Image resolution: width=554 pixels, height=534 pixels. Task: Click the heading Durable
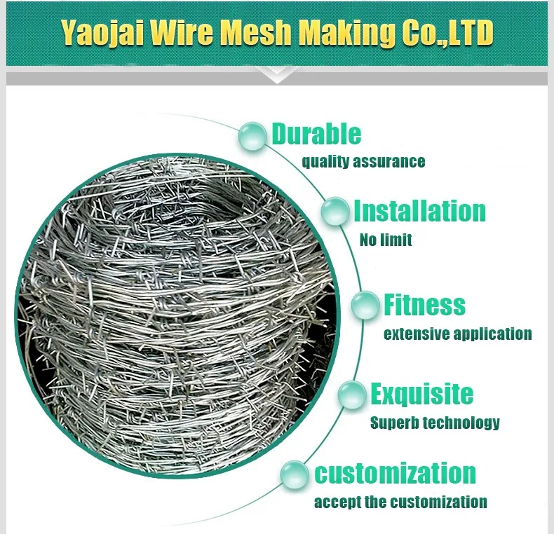coord(316,134)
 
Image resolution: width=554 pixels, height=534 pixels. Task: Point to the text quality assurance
coord(363,162)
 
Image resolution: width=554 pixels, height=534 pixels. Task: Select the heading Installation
coord(419,211)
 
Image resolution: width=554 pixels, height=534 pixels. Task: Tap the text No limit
coord(386,240)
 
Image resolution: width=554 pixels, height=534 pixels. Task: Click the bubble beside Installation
coord(336,211)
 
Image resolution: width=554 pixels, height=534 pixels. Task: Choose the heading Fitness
coord(424,305)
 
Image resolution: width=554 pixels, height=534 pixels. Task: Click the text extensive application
coord(457,334)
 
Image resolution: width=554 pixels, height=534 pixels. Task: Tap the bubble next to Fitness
coord(365,306)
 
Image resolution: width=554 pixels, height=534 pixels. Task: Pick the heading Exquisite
coord(421,394)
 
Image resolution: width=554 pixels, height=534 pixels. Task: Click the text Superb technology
coord(435,423)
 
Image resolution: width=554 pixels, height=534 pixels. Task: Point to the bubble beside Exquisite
coord(352,395)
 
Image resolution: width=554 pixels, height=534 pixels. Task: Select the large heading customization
coord(395,473)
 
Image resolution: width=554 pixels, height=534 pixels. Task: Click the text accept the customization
coord(400,502)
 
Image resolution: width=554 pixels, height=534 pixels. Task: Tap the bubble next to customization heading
coord(295,474)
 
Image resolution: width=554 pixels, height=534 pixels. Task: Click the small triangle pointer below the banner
coord(277,76)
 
